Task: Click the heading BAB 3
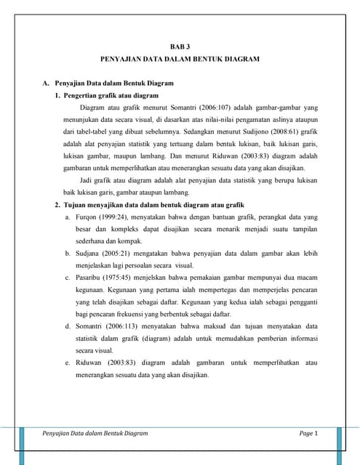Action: coord(179,46)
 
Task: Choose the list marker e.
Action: coord(67,363)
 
